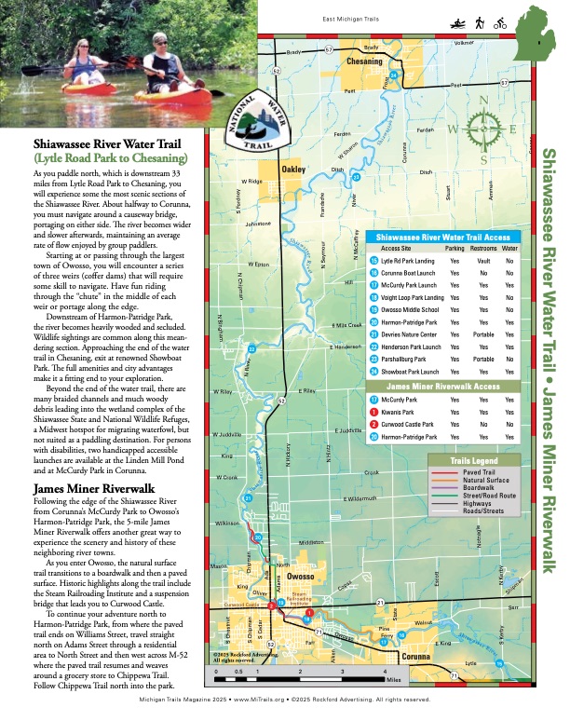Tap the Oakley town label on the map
click(x=293, y=170)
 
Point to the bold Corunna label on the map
click(x=415, y=658)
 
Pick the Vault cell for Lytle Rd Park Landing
click(x=482, y=261)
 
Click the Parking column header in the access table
click(x=455, y=249)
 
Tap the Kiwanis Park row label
click(x=399, y=411)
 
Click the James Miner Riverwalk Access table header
click(x=442, y=386)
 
